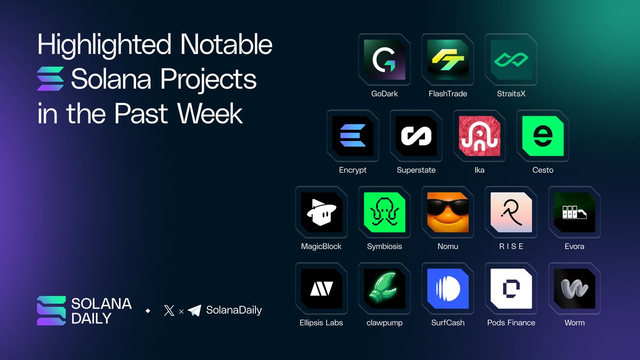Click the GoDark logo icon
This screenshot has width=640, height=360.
pos(385,59)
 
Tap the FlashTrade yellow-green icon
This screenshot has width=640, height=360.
pos(447,59)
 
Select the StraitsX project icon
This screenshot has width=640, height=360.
pos(511,59)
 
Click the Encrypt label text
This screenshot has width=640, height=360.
pos(353,170)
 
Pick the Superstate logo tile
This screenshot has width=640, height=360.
pos(416,136)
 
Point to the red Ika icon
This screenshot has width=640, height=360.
pos(479,136)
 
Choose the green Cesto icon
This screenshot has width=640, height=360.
pos(543,136)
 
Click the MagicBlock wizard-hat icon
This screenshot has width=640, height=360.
pos(322,212)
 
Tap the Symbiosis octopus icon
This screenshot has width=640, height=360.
pos(385,212)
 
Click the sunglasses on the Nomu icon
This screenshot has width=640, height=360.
pos(447,207)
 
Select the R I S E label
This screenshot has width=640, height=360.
pos(511,246)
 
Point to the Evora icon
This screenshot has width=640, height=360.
pos(574,212)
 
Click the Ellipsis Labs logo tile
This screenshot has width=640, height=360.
pos(322,289)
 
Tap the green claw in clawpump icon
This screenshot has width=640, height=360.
pos(382,288)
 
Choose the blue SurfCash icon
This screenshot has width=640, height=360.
pos(447,289)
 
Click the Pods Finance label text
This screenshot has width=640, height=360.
pos(511,323)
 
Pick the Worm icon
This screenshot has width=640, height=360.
pos(574,289)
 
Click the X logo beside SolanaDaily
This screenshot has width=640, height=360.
pos(169,310)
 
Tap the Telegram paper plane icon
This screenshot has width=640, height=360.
pos(194,310)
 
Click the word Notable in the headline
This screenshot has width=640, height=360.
pos(226,44)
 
